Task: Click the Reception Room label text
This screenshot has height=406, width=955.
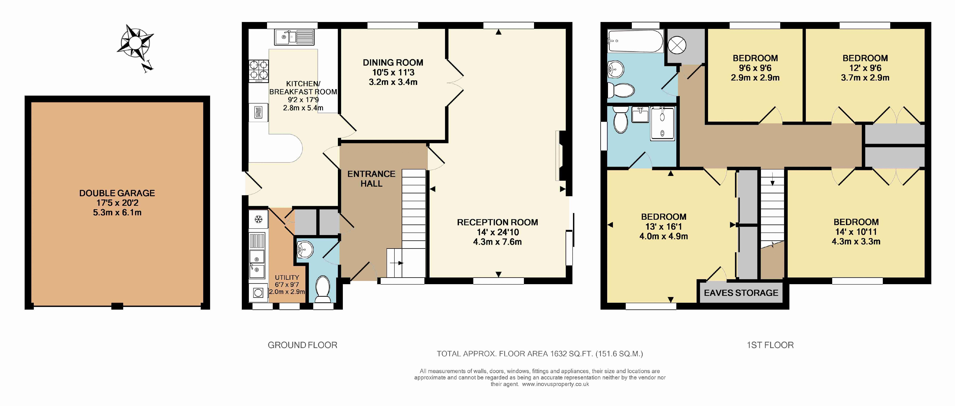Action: (x=498, y=222)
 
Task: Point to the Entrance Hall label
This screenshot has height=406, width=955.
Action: (x=371, y=178)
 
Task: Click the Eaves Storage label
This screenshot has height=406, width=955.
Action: (x=741, y=293)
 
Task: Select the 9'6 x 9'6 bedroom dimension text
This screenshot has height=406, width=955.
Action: (x=755, y=68)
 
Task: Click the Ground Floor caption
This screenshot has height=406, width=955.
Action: (x=303, y=345)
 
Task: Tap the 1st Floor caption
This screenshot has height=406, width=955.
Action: (x=770, y=345)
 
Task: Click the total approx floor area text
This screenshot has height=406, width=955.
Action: (x=540, y=354)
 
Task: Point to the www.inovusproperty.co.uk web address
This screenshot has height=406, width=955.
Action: (x=555, y=384)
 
